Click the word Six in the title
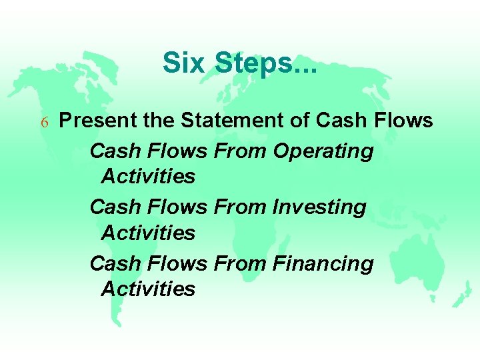click(185, 63)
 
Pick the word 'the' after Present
click(158, 121)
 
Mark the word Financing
click(323, 264)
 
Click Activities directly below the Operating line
click(148, 177)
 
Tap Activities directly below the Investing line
click(148, 233)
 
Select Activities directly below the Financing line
click(148, 289)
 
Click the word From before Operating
click(241, 151)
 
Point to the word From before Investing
click(241, 207)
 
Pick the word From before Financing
click(241, 263)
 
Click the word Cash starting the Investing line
click(115, 207)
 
